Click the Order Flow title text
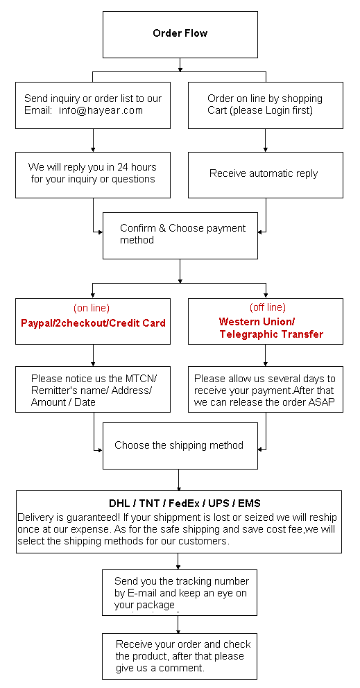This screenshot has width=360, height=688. point(180,33)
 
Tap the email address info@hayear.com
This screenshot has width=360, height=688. point(101,110)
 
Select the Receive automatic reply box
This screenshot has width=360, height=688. point(266,175)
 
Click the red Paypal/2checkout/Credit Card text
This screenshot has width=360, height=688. point(93,323)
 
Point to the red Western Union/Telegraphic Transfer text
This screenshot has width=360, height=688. point(271,328)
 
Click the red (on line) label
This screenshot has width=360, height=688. point(92,307)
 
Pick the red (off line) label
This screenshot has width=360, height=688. point(267,307)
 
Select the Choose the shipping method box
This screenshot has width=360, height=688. point(180,446)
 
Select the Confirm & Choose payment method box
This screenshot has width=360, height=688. point(180,236)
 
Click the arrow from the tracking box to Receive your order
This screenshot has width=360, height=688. point(178,624)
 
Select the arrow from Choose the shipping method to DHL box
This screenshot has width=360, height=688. point(178,480)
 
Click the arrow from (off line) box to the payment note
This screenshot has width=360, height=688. point(265,355)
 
